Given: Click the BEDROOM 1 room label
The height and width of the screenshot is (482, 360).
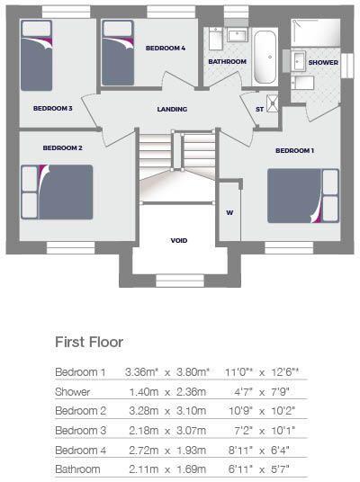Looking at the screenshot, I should click(x=294, y=149).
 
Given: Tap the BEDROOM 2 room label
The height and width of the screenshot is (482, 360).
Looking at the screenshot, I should click(x=63, y=147).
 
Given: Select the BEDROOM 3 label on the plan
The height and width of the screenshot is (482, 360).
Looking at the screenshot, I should click(x=52, y=108).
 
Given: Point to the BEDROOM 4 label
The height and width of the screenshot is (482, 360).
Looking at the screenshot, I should click(x=166, y=49).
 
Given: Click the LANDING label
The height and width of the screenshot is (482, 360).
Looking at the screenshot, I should click(x=172, y=110).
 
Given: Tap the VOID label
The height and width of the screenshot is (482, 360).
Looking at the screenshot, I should click(x=179, y=241).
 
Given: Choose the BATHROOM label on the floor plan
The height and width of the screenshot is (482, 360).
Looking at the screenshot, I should click(x=228, y=61).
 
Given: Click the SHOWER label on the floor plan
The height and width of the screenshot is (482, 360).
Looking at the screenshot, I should click(x=323, y=63).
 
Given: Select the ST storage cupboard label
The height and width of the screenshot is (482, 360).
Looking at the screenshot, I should click(x=260, y=109).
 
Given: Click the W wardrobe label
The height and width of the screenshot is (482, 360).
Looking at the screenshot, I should click(x=229, y=213).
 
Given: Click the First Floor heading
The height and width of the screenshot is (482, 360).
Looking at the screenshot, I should click(x=89, y=342).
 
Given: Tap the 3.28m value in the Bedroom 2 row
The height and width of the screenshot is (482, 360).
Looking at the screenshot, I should click(x=140, y=410).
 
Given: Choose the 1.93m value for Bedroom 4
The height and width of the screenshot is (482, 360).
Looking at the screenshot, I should click(x=191, y=449).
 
